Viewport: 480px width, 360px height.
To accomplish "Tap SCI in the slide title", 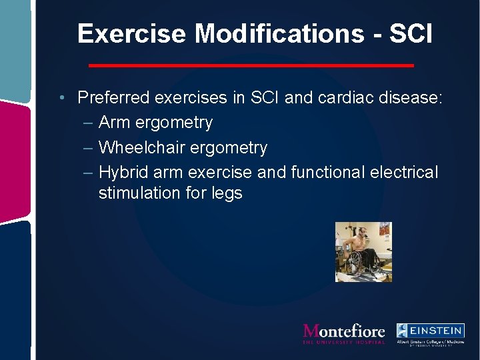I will [x=409, y=33].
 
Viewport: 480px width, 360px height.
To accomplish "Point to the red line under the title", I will [x=251, y=65].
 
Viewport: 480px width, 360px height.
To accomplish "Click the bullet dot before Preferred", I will [x=61, y=98].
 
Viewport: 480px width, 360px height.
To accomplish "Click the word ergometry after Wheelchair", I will [x=233, y=148].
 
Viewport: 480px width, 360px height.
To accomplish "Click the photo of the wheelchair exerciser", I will [x=363, y=252].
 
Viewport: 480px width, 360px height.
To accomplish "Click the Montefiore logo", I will [x=343, y=333].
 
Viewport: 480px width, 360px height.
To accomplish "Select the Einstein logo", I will [x=430, y=333].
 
